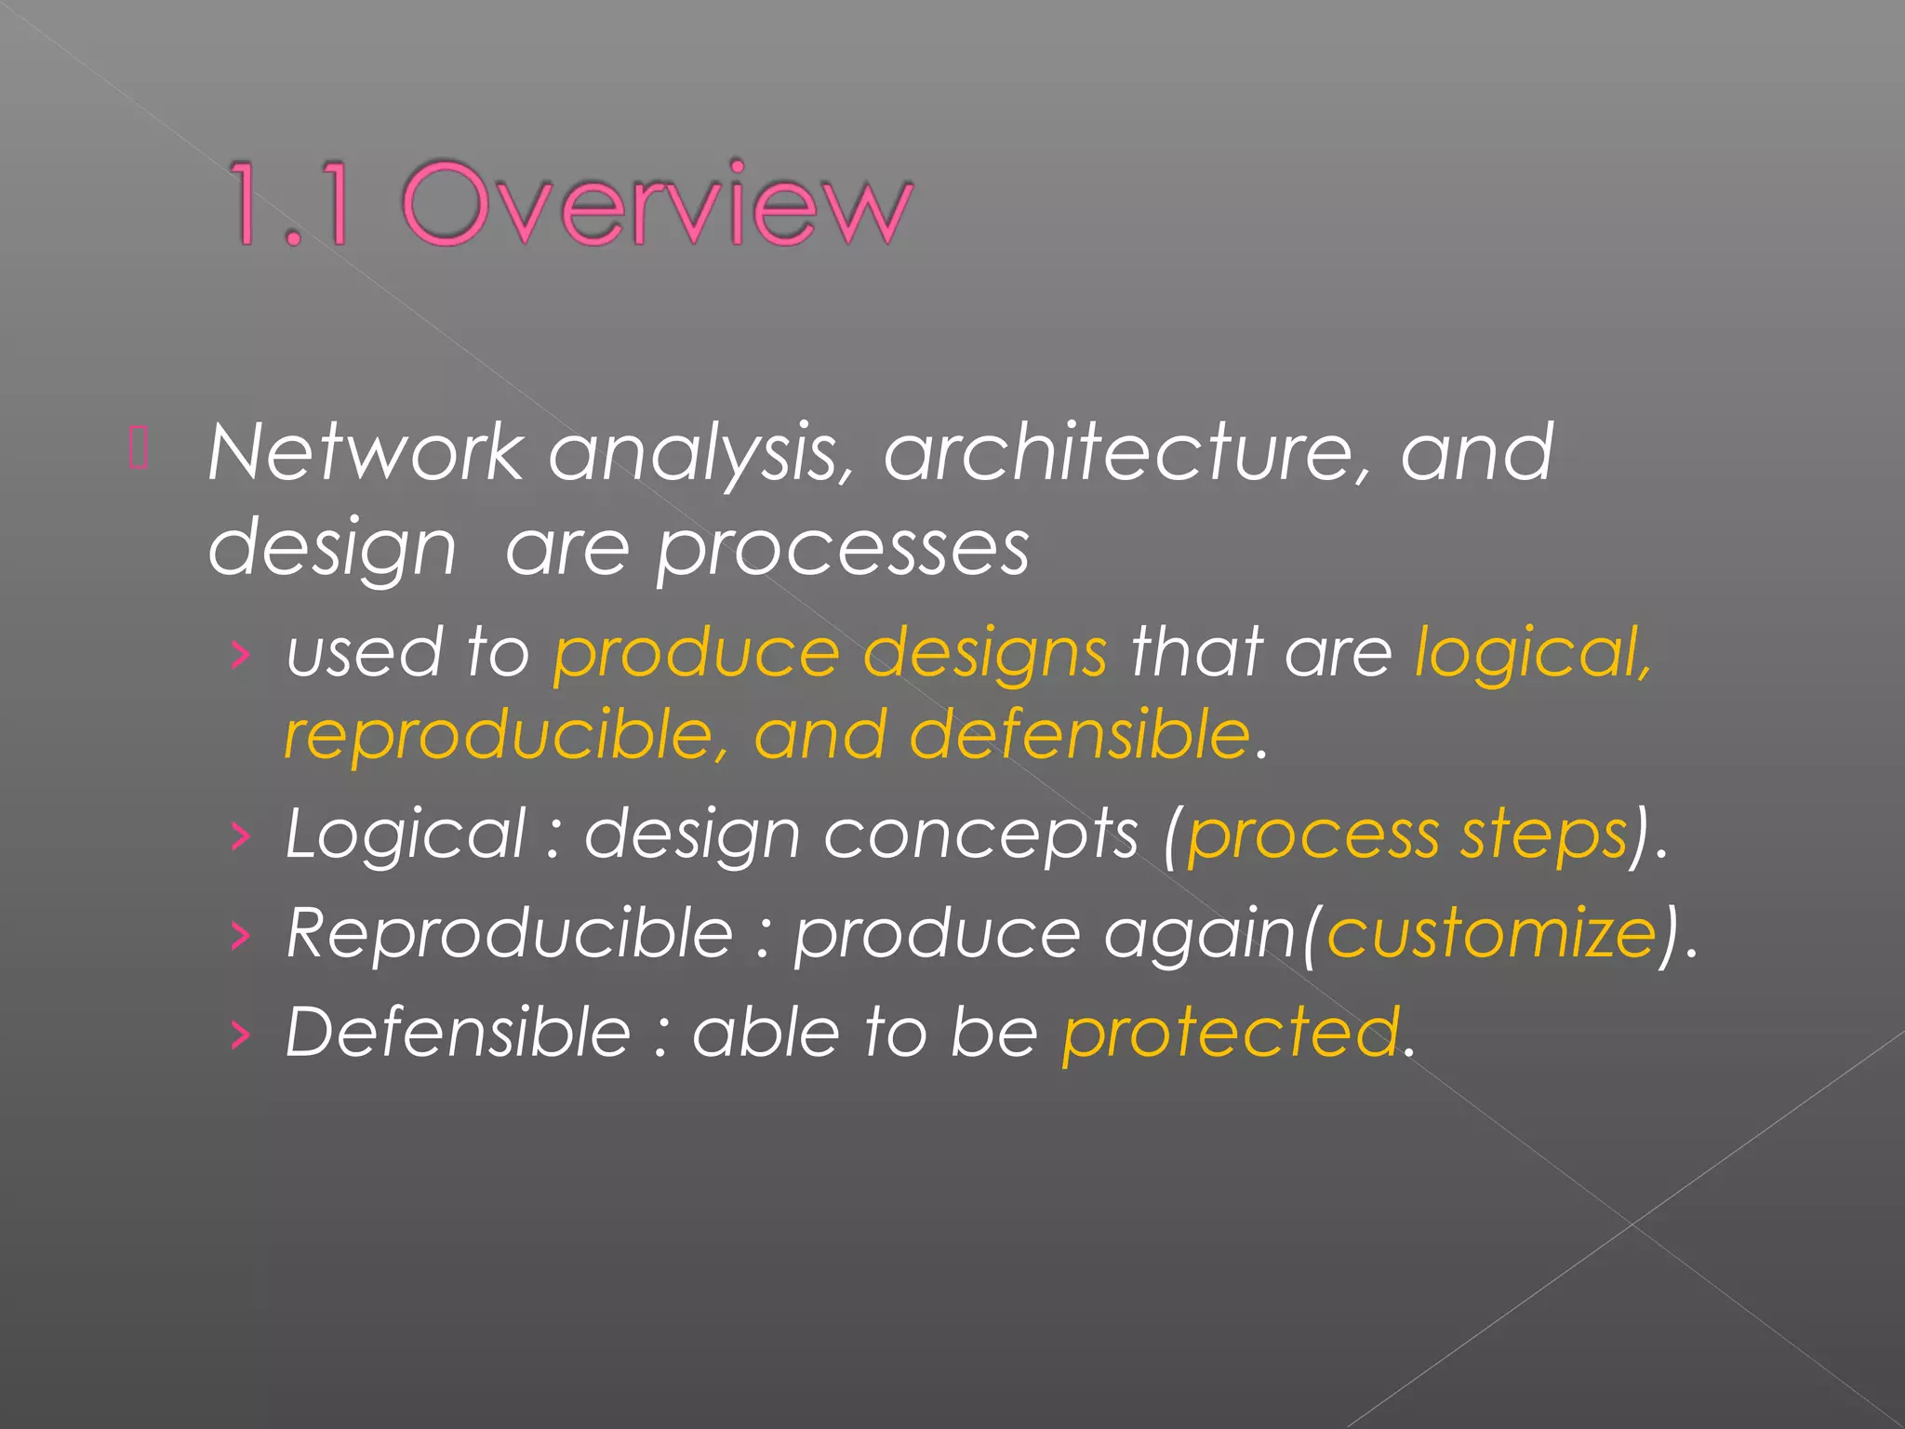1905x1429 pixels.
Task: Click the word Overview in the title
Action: click(x=657, y=204)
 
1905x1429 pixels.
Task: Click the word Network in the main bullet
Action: click(x=366, y=453)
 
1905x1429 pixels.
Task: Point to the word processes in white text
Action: click(x=842, y=549)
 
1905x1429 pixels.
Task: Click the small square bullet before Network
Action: click(x=139, y=447)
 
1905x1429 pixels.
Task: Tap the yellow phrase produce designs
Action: click(x=830, y=653)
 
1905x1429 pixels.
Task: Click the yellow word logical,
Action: click(x=1532, y=653)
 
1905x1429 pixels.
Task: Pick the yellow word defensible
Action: click(x=1079, y=735)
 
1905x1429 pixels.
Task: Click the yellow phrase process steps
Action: click(x=1406, y=835)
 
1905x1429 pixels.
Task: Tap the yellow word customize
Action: click(x=1491, y=933)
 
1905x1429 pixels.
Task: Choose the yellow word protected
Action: click(x=1231, y=1033)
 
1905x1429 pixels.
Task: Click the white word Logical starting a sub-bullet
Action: click(x=406, y=835)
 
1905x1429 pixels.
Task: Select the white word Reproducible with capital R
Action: click(x=510, y=933)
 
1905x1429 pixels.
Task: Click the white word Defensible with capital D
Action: click(x=458, y=1033)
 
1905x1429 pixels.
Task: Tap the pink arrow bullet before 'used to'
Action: click(x=241, y=656)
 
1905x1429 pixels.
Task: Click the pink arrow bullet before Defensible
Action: click(x=241, y=1035)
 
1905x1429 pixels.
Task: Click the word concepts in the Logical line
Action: click(x=980, y=835)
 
